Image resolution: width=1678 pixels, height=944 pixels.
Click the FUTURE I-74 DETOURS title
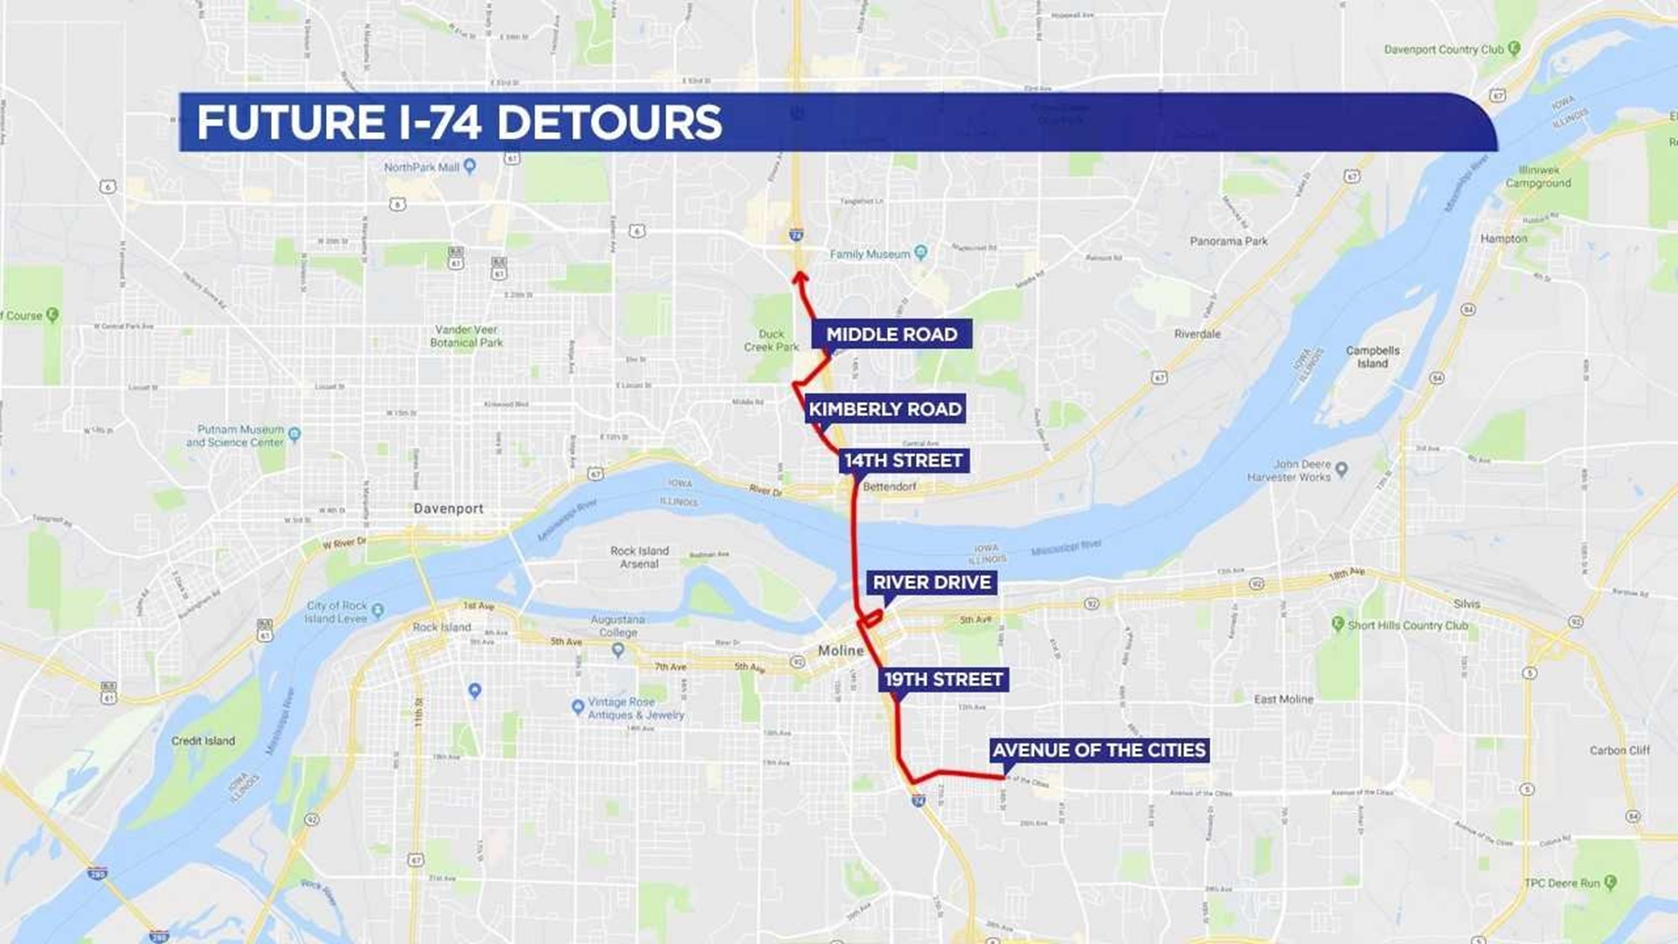point(460,122)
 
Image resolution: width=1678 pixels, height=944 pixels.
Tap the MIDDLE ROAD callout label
point(891,334)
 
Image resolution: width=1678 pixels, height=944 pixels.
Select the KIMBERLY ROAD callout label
point(884,409)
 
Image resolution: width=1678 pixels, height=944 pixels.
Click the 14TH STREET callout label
point(904,461)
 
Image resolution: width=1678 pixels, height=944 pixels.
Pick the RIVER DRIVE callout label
point(932,583)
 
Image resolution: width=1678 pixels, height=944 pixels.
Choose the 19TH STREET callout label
point(943,679)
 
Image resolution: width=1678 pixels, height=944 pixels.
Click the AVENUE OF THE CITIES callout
point(1099,750)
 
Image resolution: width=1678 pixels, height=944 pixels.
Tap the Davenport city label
point(448,509)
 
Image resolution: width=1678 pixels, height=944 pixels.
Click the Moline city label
point(841,650)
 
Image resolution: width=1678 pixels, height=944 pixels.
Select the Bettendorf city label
point(890,487)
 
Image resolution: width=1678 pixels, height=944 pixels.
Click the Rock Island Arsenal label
point(640,558)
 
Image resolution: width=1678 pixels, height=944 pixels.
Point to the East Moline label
point(1283,699)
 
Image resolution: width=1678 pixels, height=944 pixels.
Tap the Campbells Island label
point(1372,357)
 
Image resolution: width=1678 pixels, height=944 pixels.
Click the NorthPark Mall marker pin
point(470,166)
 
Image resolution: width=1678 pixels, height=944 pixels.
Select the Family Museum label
point(870,254)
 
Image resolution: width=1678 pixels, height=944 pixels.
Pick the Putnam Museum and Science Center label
point(235,436)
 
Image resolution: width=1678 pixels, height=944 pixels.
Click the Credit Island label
point(203,741)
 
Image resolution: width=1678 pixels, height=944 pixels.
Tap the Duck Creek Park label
point(772,341)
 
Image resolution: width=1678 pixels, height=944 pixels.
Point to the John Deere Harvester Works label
point(1289,471)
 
